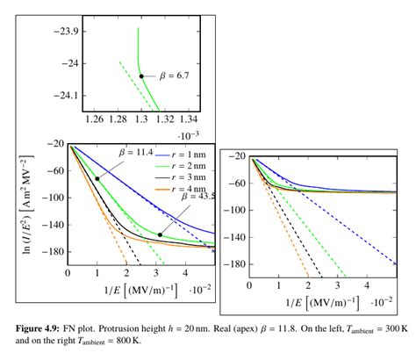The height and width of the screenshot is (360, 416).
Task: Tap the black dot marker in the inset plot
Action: (x=141, y=76)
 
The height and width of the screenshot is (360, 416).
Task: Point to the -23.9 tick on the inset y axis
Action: (x=68, y=31)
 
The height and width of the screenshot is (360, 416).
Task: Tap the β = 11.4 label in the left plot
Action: (x=133, y=152)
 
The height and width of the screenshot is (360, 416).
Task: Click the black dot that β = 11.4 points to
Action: (x=97, y=178)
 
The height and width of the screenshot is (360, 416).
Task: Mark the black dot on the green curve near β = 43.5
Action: (x=160, y=234)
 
